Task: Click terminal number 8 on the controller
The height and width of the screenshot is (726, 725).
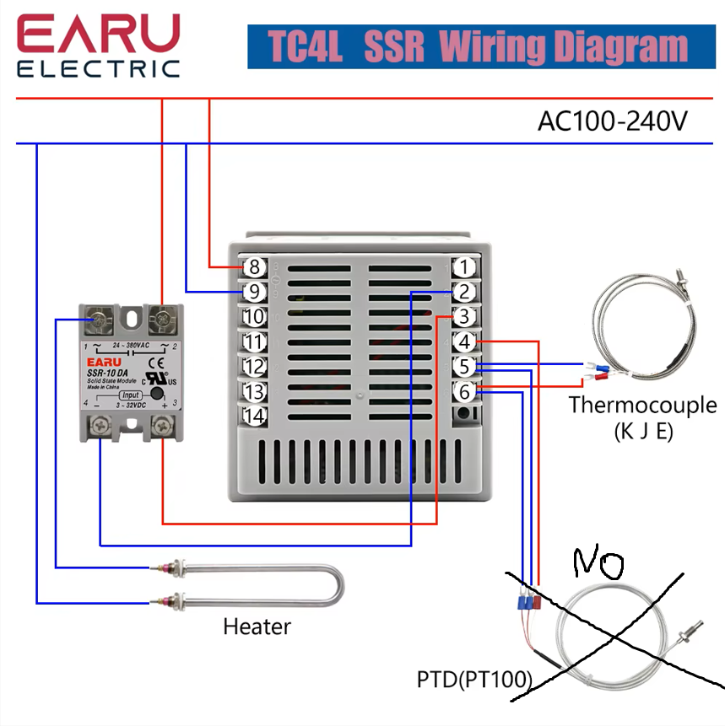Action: pyautogui.click(x=254, y=267)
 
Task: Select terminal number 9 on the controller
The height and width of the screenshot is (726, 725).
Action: pyautogui.click(x=254, y=293)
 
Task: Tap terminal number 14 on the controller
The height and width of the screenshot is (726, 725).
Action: pyautogui.click(x=254, y=416)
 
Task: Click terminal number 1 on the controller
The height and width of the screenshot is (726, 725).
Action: pyautogui.click(x=463, y=267)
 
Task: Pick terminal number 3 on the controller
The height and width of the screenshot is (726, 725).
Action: pyautogui.click(x=463, y=317)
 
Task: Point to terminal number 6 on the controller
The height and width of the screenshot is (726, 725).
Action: pyautogui.click(x=463, y=391)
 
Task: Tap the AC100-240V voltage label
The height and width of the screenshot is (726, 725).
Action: pyautogui.click(x=612, y=121)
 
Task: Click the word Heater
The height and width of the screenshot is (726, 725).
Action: pyautogui.click(x=257, y=627)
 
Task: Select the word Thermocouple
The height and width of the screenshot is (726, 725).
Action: pyautogui.click(x=642, y=405)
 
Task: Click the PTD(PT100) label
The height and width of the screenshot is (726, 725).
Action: pyautogui.click(x=474, y=679)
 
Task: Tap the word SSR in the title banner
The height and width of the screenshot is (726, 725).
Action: pyautogui.click(x=394, y=47)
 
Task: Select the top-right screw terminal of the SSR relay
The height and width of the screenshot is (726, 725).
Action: pyautogui.click(x=160, y=320)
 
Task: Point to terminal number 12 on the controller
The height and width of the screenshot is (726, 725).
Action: pyautogui.click(x=254, y=367)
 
